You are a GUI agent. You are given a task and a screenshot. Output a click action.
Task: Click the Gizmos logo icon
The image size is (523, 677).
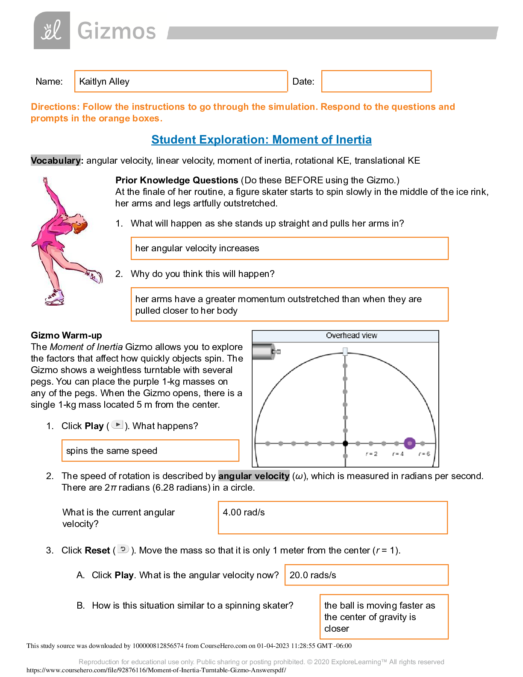click(x=52, y=30)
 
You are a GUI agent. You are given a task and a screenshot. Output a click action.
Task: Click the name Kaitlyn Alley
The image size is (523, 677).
click(x=104, y=82)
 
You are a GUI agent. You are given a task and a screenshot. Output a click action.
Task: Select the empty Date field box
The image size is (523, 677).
click(x=376, y=81)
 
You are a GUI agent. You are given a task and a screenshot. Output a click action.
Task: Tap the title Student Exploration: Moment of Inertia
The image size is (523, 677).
click(x=261, y=140)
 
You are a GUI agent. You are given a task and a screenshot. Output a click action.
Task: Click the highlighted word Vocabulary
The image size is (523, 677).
click(x=56, y=160)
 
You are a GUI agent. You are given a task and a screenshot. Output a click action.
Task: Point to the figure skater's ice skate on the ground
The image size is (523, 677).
click(x=55, y=298)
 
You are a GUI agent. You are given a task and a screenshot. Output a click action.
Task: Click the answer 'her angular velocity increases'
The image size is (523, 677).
click(x=197, y=248)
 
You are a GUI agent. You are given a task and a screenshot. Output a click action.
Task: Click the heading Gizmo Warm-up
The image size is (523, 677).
click(x=66, y=336)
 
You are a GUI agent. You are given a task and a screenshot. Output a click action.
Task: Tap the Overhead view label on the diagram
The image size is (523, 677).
click(x=351, y=336)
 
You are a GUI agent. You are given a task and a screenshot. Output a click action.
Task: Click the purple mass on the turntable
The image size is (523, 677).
click(x=409, y=443)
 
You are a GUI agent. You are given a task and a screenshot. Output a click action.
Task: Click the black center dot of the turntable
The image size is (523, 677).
click(x=345, y=444)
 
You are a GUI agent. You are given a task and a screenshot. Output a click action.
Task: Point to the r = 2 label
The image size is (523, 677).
click(x=371, y=454)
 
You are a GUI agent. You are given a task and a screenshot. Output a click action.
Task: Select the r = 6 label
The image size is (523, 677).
click(x=424, y=454)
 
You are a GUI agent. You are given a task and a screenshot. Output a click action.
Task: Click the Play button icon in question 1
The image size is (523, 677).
click(x=118, y=425)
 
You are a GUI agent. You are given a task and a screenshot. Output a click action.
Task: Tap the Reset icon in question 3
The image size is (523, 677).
click(x=123, y=549)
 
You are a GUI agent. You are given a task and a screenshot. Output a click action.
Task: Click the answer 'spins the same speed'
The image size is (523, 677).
click(x=112, y=451)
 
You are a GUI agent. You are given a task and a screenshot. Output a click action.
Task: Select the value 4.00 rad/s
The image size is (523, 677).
click(x=244, y=512)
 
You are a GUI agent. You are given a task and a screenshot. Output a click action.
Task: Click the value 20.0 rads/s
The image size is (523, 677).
click(x=313, y=575)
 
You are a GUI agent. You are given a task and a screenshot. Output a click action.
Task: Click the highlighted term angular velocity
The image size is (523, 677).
click(x=254, y=476)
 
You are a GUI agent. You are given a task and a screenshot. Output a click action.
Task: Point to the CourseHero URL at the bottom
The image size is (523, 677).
click(x=156, y=670)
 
